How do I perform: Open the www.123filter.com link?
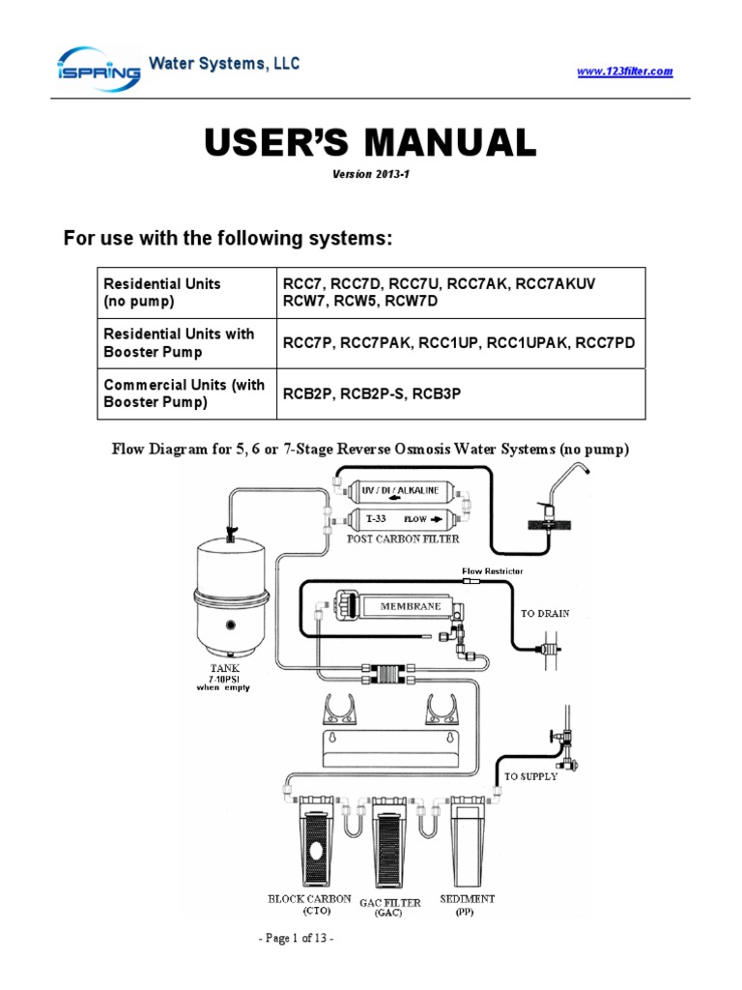624,72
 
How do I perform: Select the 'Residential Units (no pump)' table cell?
186,292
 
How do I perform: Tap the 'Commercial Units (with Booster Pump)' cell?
186,393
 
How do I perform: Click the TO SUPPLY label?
531,776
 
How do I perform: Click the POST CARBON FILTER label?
403,539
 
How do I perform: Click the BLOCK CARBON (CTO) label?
309,904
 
